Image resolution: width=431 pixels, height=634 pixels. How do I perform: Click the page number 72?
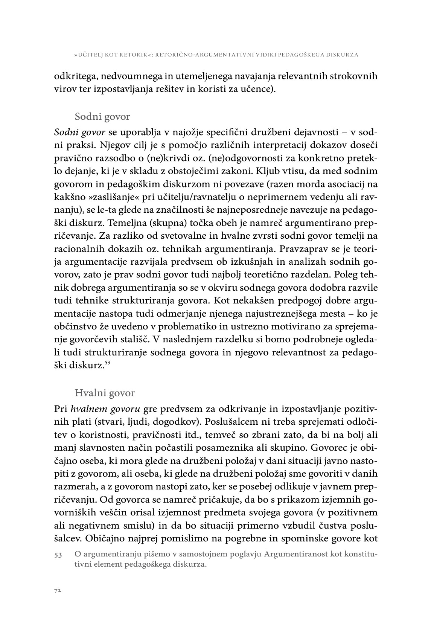58,590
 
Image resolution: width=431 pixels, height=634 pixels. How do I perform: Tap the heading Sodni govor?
102,116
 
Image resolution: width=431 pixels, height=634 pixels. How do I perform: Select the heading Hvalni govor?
105,393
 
